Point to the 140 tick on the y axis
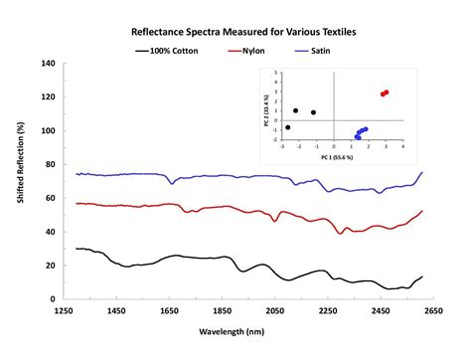pyautogui.click(x=46, y=64)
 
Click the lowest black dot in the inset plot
pyautogui.click(x=288, y=127)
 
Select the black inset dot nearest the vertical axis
pyautogui.click(x=314, y=112)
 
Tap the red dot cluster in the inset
pyautogui.click(x=384, y=92)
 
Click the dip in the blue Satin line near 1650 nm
pyautogui.click(x=172, y=183)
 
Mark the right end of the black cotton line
pyautogui.click(x=422, y=277)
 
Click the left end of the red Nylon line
pyautogui.click(x=77, y=203)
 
